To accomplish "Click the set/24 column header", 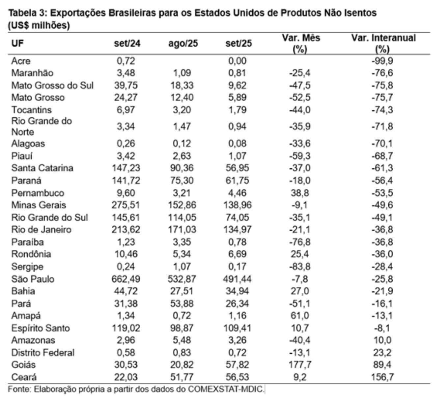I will coord(127,43).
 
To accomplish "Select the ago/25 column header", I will coord(183,43).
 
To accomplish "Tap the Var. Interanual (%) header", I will coord(383,43).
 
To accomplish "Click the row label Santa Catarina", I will coord(42,168).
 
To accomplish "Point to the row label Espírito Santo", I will coord(41,328).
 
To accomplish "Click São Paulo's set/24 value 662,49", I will coord(125,279).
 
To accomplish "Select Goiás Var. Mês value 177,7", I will coord(300,365).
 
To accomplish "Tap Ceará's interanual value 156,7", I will coord(382,377).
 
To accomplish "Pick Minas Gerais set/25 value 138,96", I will coord(237,205).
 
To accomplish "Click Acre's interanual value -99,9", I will coord(382,61).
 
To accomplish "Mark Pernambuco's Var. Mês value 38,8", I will coord(300,193).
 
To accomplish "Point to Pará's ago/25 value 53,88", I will coord(182,304).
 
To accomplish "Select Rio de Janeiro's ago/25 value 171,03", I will coord(182,229).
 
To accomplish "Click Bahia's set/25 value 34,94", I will coord(237,291).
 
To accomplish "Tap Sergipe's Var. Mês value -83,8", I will coord(300,267).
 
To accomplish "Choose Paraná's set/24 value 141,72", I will coord(125,181).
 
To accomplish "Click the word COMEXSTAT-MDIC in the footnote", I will coord(226,389).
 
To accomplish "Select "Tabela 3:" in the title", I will coord(27,13).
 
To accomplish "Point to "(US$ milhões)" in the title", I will coord(39,25).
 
